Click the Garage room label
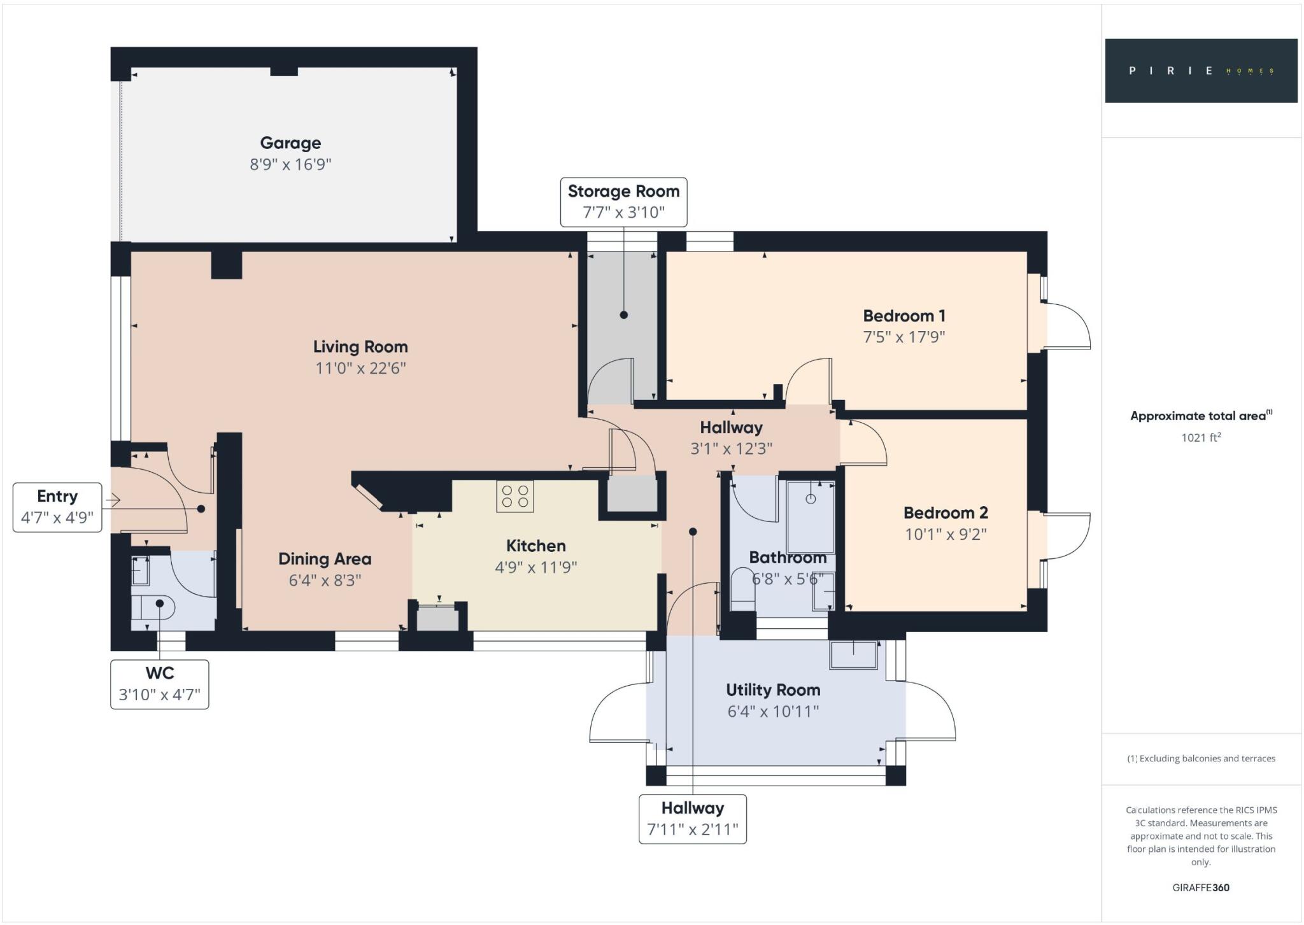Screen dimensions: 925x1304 [x=290, y=143]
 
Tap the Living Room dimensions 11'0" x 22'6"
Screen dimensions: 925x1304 [x=360, y=369]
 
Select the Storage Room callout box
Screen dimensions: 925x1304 [x=623, y=202]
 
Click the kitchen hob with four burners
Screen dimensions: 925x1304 [x=515, y=497]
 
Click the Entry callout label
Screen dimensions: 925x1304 [x=57, y=507]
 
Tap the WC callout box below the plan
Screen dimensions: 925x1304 [x=159, y=684]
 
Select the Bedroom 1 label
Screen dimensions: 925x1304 [x=904, y=316]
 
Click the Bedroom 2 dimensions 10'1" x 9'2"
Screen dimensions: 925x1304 [x=946, y=534]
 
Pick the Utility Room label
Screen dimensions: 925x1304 [x=773, y=690]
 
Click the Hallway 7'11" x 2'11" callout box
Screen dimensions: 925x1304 [x=692, y=819]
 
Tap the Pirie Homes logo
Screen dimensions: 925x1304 [x=1201, y=71]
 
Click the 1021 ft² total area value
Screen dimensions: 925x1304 [x=1201, y=437]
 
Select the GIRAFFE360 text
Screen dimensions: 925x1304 [x=1201, y=887]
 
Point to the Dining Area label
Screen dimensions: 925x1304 [x=325, y=559]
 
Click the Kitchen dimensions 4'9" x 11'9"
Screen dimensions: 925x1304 [x=535, y=567]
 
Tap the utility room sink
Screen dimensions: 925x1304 [x=854, y=655]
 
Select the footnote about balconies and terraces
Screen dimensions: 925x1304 [x=1201, y=758]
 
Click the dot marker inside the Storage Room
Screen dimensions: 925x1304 [x=624, y=315]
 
